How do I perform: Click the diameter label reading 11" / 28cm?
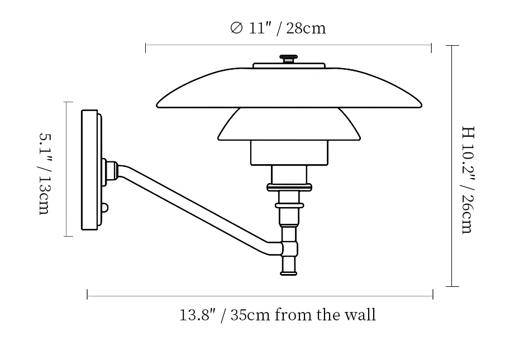click(278, 28)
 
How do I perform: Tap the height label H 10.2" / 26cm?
click(468, 180)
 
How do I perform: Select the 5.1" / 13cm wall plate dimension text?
click(45, 174)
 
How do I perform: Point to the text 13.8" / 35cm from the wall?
click(278, 315)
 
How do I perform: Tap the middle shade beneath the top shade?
click(289, 125)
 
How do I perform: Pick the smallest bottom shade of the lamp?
click(289, 152)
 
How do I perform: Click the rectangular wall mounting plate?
click(89, 169)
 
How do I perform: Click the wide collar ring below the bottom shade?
click(289, 188)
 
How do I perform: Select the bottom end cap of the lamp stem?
click(289, 267)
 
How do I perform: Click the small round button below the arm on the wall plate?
click(104, 208)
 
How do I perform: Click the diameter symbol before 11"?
click(236, 28)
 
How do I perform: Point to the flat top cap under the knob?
click(289, 65)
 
